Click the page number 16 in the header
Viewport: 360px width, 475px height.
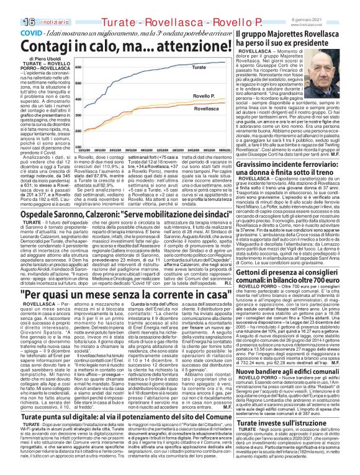11,7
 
